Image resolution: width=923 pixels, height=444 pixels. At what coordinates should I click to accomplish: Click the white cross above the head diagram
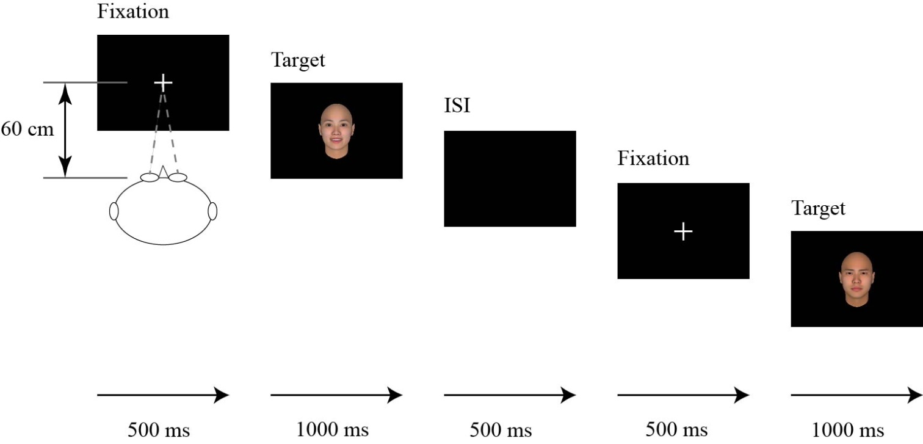(x=163, y=82)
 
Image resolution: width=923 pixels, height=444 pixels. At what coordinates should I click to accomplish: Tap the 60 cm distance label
(x=27, y=129)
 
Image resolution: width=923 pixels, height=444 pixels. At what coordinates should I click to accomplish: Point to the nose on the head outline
(x=163, y=172)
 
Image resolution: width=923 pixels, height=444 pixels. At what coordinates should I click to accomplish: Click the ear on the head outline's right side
(x=212, y=211)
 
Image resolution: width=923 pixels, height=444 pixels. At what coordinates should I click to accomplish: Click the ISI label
(x=457, y=106)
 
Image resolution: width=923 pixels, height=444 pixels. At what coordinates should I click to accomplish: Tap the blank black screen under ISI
(x=510, y=178)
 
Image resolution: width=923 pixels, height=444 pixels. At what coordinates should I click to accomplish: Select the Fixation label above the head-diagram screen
(x=133, y=11)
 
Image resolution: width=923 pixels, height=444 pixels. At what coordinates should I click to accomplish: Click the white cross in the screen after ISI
(x=683, y=231)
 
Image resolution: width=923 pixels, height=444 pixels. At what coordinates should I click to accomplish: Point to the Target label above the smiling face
(x=298, y=60)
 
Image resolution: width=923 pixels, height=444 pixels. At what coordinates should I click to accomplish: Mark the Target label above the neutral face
(x=818, y=208)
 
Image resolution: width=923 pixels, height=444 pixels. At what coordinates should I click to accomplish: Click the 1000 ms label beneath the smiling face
(x=332, y=429)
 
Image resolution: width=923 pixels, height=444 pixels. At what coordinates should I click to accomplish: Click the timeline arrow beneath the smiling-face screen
(x=336, y=395)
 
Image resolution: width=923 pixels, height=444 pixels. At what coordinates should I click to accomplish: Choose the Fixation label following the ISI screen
(x=653, y=159)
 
